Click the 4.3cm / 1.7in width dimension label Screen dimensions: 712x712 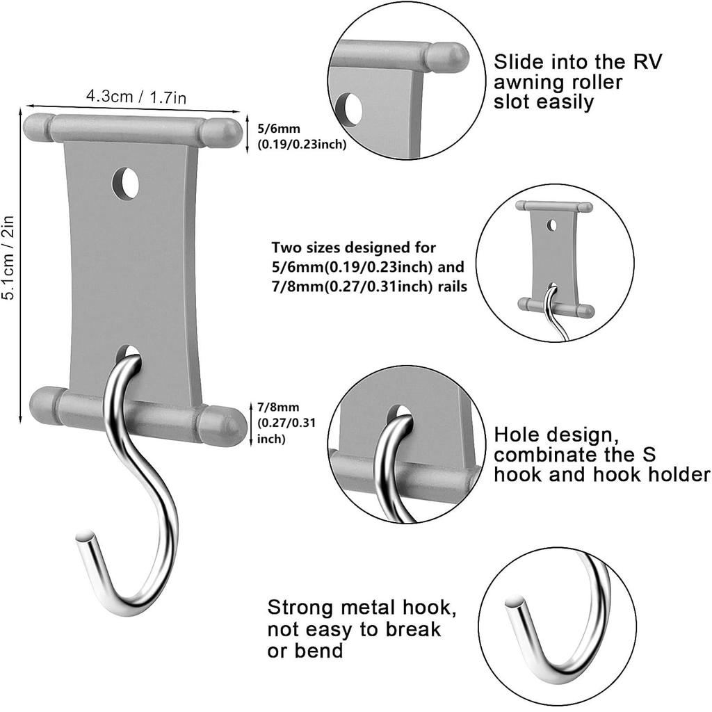[136, 97]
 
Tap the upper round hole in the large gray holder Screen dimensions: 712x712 [126, 184]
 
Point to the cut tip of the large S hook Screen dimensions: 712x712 [86, 536]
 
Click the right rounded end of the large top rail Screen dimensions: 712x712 [225, 132]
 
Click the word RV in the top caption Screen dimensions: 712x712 [645, 61]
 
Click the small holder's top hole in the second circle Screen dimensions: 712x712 [551, 225]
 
